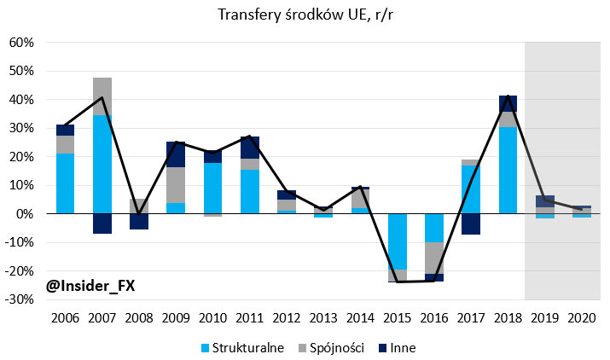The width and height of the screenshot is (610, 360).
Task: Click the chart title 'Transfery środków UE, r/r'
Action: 305,15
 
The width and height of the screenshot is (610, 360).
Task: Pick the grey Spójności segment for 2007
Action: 102,96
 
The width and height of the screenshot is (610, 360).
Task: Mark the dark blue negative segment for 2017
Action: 470,224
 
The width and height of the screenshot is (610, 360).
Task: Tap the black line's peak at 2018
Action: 508,96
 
